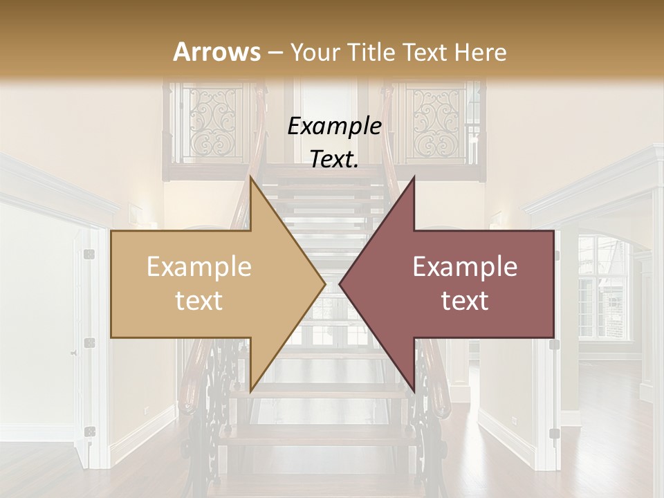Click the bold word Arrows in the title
216,52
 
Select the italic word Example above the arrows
334,127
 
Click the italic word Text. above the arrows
334,160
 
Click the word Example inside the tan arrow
199,267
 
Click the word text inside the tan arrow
199,300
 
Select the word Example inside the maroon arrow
465,267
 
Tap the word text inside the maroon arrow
465,300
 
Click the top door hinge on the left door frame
89,255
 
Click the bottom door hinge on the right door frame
554,434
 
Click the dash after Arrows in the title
275,53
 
